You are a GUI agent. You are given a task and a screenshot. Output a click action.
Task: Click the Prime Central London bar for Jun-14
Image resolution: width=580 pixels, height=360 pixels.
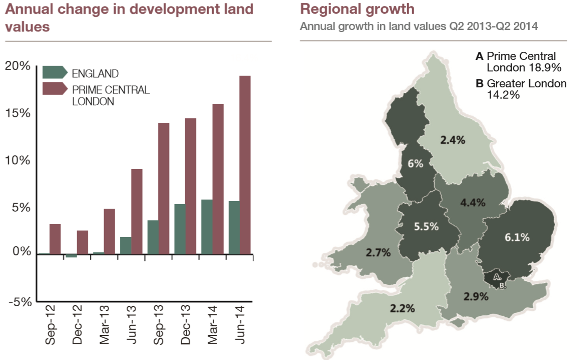pos(245,165)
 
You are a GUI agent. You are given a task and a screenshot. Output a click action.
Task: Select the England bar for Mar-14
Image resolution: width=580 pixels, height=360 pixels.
pos(207,226)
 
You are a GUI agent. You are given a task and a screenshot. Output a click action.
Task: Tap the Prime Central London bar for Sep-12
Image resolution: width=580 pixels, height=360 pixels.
pos(55,239)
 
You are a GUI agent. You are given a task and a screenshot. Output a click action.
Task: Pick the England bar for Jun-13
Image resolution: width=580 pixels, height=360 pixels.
pos(125,245)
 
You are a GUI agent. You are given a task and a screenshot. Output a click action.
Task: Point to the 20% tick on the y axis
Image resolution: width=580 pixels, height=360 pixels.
pos(18,66)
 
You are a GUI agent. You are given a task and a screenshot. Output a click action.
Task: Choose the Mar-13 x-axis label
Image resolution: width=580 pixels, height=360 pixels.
pos(105,325)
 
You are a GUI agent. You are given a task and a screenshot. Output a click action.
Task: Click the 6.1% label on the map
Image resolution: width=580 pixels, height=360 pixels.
pos(517,237)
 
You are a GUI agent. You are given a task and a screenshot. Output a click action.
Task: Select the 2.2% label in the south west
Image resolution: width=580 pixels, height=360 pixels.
pos(403,308)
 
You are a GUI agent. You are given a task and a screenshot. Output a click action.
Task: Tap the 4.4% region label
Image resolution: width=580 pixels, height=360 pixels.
pos(473,202)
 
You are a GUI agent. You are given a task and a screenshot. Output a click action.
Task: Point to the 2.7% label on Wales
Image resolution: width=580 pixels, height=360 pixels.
pos(378,252)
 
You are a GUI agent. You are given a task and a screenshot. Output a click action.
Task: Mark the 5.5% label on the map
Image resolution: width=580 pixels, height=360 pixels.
pos(426,226)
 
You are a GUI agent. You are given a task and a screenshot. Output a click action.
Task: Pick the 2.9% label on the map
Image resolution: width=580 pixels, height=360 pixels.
pos(476,297)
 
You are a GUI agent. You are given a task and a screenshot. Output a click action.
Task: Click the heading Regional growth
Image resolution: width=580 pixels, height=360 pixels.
pos(357,9)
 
